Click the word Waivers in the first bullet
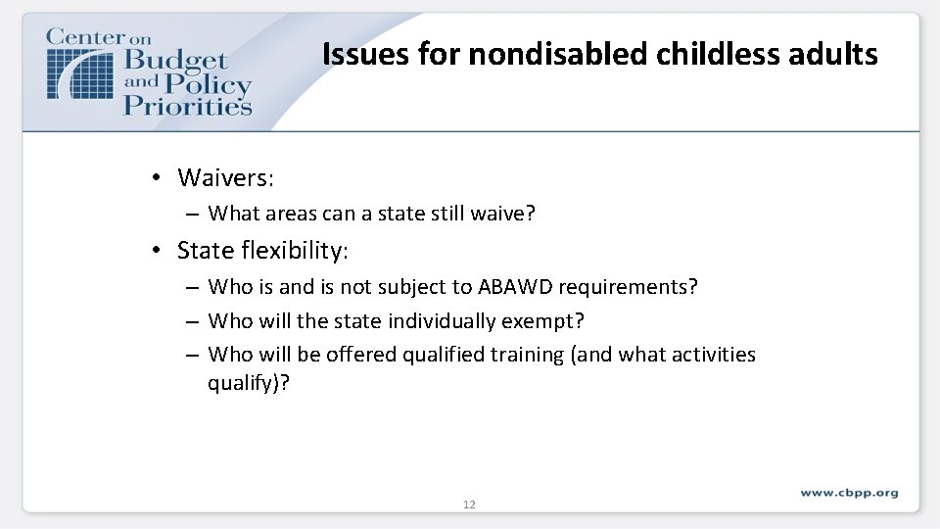(x=224, y=177)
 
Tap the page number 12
(x=469, y=505)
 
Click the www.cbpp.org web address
(x=848, y=493)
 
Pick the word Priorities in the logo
(x=187, y=106)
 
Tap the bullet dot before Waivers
(x=156, y=177)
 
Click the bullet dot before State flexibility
(x=156, y=251)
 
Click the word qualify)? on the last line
(x=249, y=382)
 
